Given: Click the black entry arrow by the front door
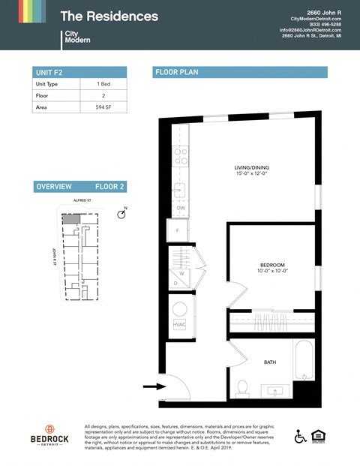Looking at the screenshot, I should pos(154,387).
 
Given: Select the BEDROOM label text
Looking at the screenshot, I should pos(271,265).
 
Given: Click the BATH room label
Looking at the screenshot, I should pos(269,362).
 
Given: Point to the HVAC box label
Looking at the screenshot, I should pos(179,324).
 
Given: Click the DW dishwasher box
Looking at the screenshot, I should pos(180,208).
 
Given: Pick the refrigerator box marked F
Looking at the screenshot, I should pos(178,230).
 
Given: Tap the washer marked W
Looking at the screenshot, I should pos(181,273).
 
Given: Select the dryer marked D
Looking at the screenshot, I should pos(176,284).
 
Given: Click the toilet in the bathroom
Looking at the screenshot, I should pos(241,387).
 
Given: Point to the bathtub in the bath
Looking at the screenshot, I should pos(302,361).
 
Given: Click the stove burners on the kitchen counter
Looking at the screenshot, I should pos(180,156).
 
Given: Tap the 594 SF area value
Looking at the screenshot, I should pos(104,107).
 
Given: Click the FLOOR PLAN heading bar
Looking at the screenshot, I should pos(239,72).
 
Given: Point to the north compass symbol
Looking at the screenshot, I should pos(122,215).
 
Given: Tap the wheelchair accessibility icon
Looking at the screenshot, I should pos(300,436).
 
